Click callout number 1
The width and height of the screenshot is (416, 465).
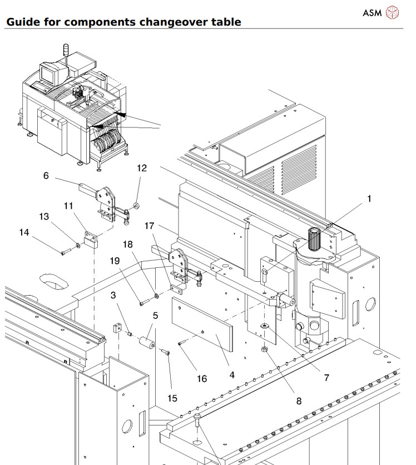pyautogui.click(x=369, y=198)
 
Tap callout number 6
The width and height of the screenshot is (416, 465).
pyautogui.click(x=46, y=175)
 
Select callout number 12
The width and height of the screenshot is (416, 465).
pyautogui.click(x=142, y=168)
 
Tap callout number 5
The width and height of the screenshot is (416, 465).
pyautogui.click(x=155, y=315)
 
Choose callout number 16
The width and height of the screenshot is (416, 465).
pyautogui.click(x=201, y=379)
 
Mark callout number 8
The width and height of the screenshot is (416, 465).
pyautogui.click(x=299, y=400)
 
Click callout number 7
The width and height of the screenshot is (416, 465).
pyautogui.click(x=326, y=378)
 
